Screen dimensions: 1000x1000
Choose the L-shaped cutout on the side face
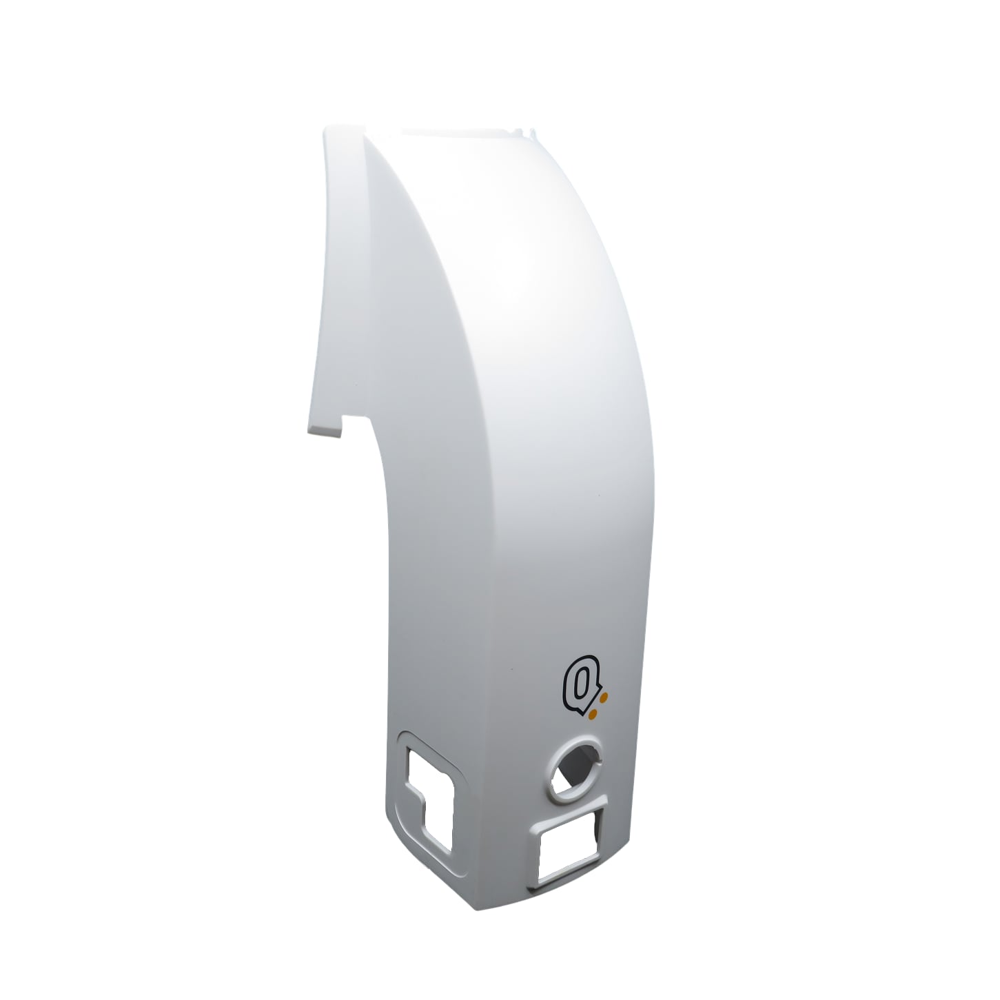pyautogui.click(x=429, y=793)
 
